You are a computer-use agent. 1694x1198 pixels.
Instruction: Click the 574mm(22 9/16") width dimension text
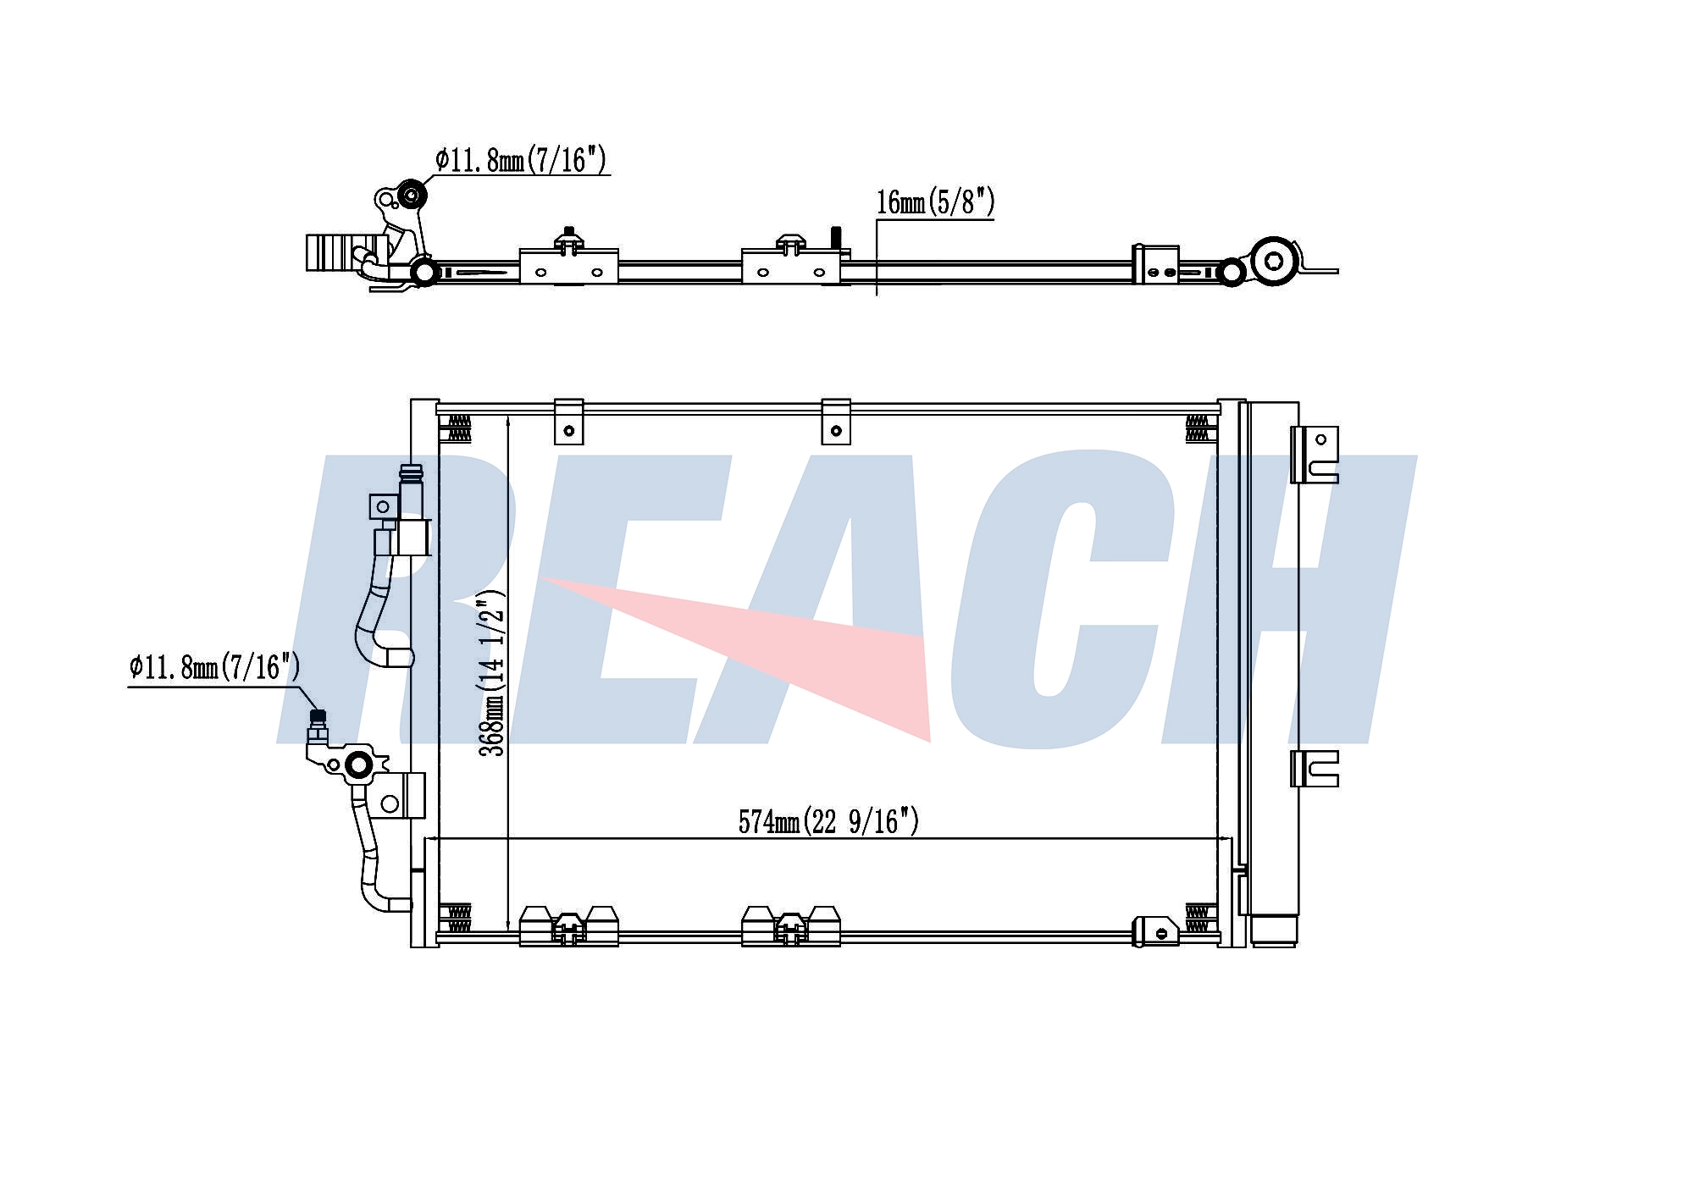(x=828, y=821)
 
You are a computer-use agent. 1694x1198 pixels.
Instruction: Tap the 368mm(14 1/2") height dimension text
(x=492, y=673)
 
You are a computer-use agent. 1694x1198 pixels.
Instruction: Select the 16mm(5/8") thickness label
(x=935, y=202)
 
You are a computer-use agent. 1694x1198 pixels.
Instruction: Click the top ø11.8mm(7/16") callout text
(x=521, y=159)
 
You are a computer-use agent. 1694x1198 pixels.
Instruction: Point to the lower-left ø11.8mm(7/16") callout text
(x=214, y=667)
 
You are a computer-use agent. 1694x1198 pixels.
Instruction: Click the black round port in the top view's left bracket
(x=412, y=195)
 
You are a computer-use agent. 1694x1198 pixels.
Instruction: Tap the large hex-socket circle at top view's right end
(x=1275, y=261)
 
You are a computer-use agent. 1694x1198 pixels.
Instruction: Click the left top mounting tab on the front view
(x=568, y=422)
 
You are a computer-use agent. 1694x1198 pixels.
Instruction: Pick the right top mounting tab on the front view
(x=836, y=422)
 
